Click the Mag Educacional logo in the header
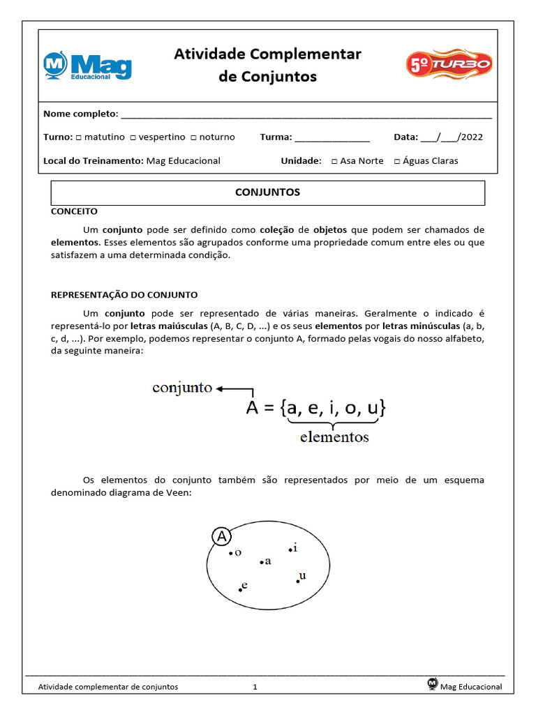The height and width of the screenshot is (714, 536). click(87, 66)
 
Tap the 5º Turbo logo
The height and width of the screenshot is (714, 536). click(449, 64)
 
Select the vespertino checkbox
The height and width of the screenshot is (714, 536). click(133, 137)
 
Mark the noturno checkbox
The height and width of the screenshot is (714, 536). click(193, 137)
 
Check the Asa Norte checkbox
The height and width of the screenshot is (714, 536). click(334, 161)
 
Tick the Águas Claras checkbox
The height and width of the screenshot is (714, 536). click(397, 161)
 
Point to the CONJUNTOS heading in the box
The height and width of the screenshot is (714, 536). click(267, 192)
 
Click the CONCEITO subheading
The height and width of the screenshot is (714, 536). click(75, 211)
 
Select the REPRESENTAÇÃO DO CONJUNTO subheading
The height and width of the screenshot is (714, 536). click(124, 295)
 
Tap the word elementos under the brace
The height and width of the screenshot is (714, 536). click(334, 438)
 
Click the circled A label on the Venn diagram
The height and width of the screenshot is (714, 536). click(221, 536)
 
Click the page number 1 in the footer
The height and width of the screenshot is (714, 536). click(255, 687)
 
